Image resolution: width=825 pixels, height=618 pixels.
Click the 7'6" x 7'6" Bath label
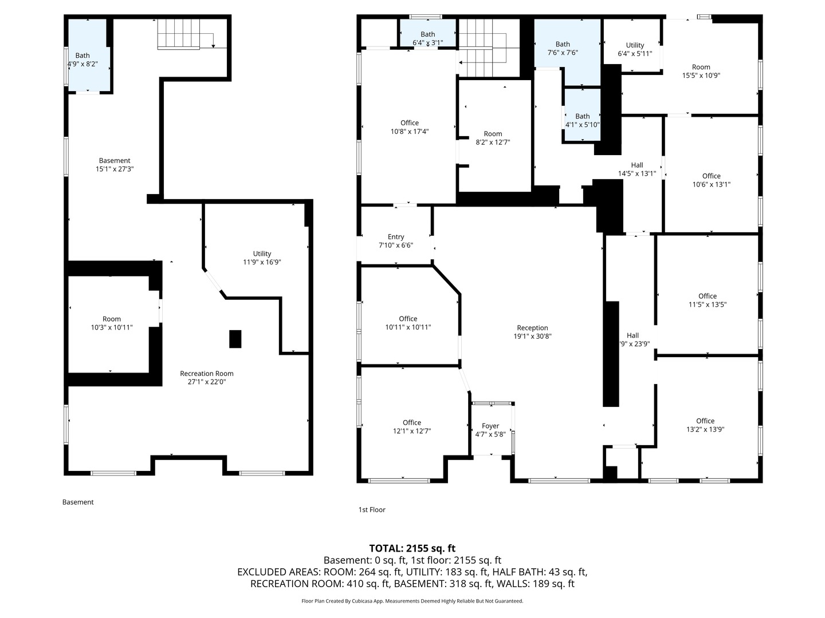[x=563, y=49]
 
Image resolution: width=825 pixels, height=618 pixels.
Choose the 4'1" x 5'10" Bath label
[x=582, y=120]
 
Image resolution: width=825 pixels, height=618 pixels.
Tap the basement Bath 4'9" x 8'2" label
[x=82, y=60]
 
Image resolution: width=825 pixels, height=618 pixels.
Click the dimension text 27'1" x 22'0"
[x=207, y=382]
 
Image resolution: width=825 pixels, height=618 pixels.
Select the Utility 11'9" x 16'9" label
[x=262, y=257]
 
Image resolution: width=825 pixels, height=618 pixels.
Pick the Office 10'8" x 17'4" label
[x=409, y=127]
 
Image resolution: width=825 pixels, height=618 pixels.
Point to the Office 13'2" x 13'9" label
[x=705, y=425]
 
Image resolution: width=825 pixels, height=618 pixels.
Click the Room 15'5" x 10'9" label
[x=701, y=72]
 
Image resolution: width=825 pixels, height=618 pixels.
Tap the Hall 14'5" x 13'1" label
[x=637, y=169]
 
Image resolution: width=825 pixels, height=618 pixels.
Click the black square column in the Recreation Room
[x=235, y=339]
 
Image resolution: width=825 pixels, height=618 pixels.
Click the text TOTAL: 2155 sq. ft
[x=412, y=548]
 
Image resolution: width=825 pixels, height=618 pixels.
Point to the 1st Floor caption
[x=372, y=509]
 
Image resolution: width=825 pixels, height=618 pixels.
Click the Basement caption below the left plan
[x=78, y=502]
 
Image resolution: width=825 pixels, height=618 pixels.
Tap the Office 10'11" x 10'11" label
[x=408, y=323]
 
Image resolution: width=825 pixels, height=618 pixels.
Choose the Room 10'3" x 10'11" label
[x=112, y=323]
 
